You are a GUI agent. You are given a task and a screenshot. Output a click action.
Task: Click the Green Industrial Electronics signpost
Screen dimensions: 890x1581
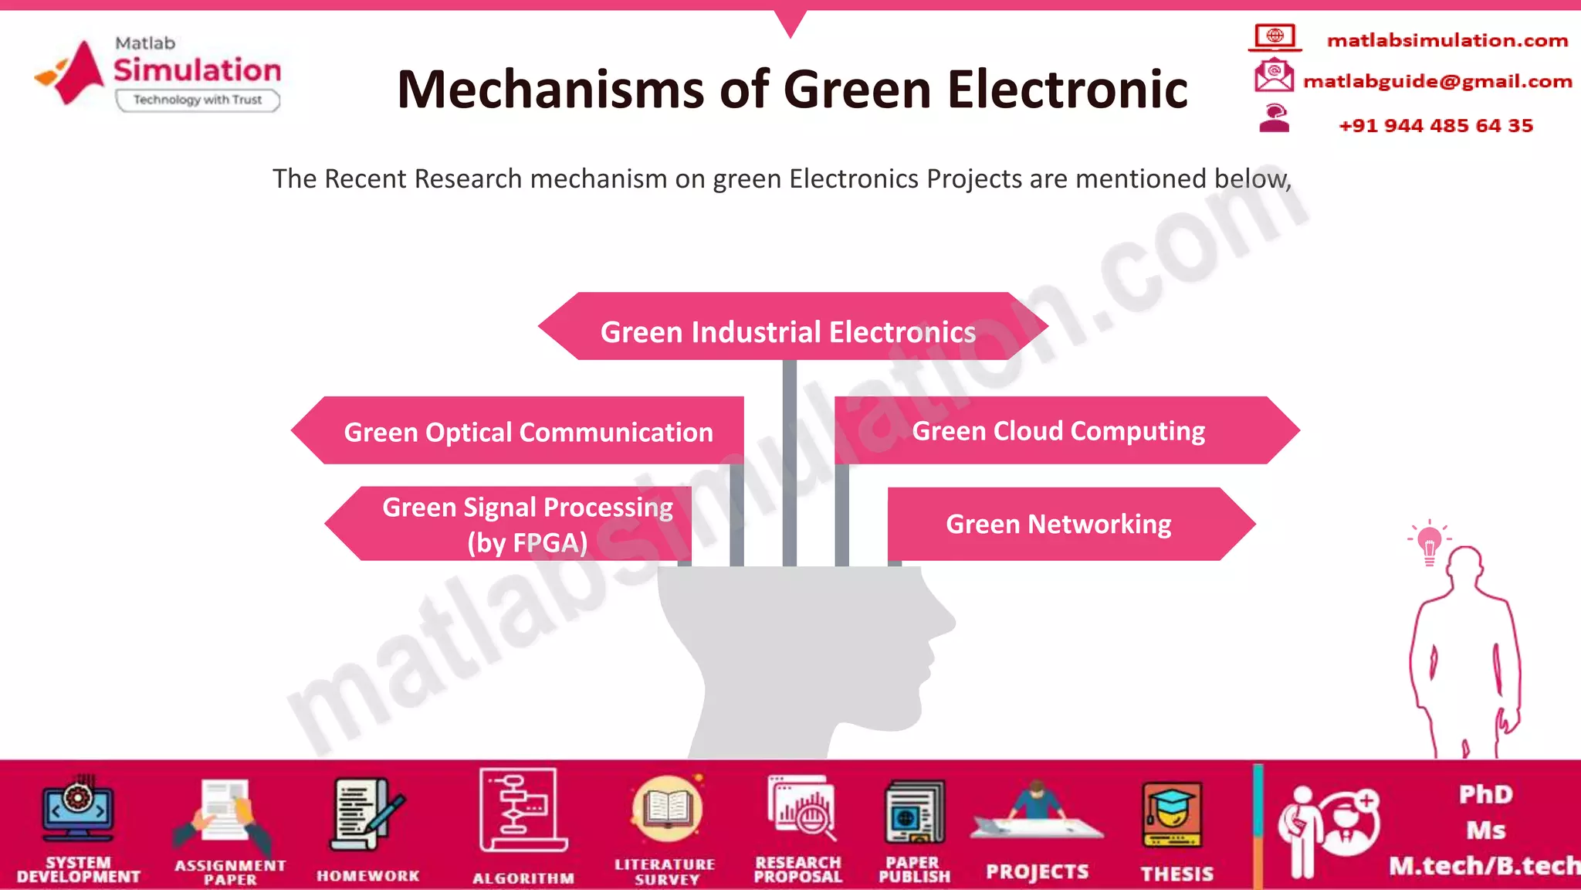pos(789,331)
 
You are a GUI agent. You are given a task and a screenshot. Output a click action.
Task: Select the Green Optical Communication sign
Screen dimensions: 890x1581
pos(528,432)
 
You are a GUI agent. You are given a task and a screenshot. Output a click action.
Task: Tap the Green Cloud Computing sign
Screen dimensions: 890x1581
pos(1058,430)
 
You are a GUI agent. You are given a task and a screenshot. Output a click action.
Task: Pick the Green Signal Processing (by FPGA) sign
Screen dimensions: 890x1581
pos(527,524)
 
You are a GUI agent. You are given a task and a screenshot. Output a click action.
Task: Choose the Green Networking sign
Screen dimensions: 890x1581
pos(1058,524)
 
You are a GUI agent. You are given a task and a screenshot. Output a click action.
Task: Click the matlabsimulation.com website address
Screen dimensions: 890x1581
pos(1447,40)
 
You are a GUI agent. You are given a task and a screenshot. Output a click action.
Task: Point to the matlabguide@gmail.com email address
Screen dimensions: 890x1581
pos(1437,81)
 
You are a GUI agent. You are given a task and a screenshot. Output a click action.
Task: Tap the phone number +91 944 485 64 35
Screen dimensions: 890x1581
pos(1436,125)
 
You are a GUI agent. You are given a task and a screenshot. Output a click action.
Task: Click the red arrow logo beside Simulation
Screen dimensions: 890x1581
pos(73,73)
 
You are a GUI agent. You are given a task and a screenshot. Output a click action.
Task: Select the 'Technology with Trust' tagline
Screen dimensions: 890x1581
pos(198,100)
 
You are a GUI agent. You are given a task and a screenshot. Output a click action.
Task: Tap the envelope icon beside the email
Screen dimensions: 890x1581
pos(1274,76)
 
